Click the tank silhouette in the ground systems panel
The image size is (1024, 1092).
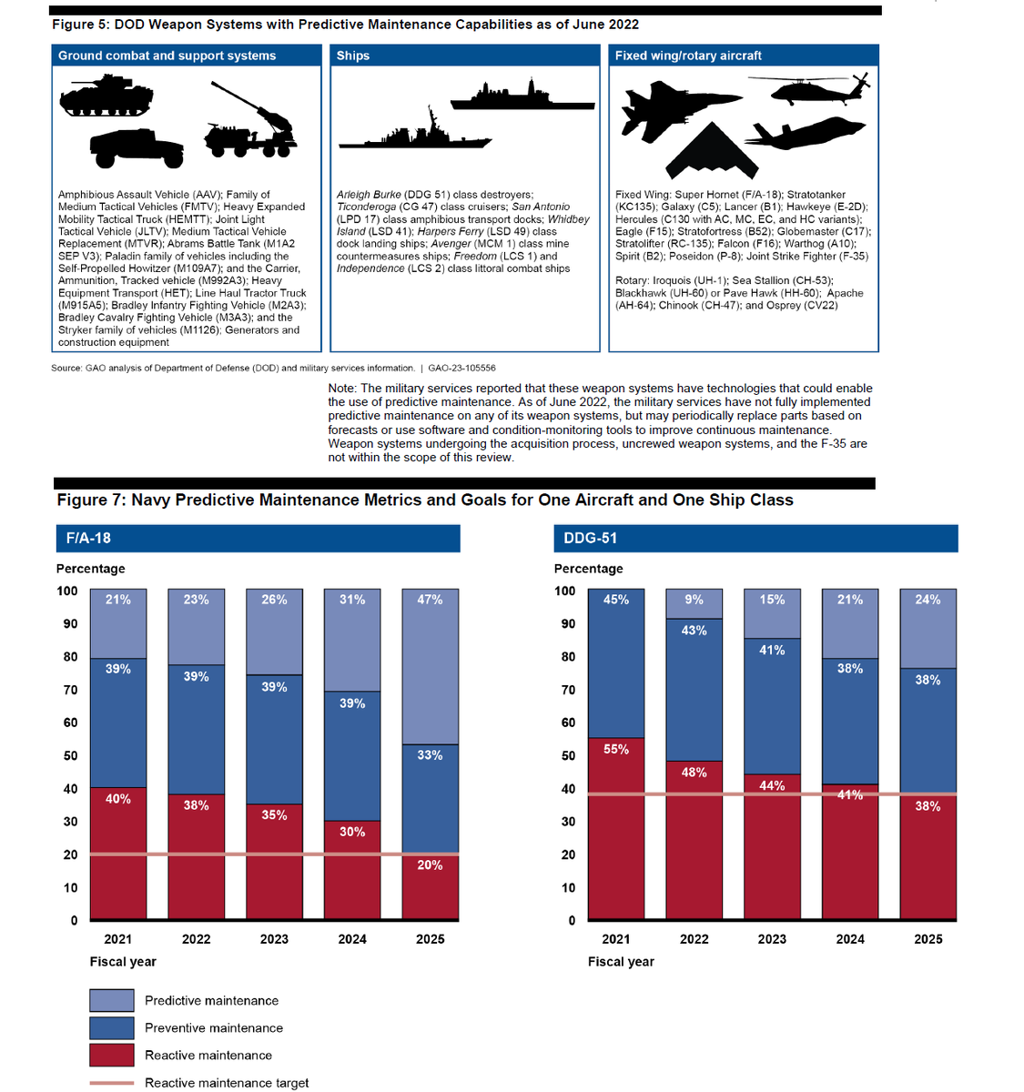pyautogui.click(x=106, y=96)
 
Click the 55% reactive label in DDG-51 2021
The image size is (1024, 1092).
pyautogui.click(x=616, y=749)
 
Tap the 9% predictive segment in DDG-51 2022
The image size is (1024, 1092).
pyautogui.click(x=694, y=604)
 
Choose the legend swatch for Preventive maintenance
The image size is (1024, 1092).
pyautogui.click(x=112, y=1027)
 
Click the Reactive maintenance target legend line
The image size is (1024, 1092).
pyautogui.click(x=112, y=1083)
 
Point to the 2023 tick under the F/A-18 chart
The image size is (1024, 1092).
pyautogui.click(x=274, y=939)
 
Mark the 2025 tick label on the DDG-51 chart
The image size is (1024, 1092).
pyautogui.click(x=928, y=939)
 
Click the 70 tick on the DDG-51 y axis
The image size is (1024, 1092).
pyautogui.click(x=568, y=690)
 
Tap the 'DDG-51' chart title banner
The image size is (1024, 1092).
pyautogui.click(x=755, y=538)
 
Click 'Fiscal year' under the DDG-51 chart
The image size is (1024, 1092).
pyautogui.click(x=621, y=961)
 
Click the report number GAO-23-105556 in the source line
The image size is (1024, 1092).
pyautogui.click(x=461, y=369)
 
